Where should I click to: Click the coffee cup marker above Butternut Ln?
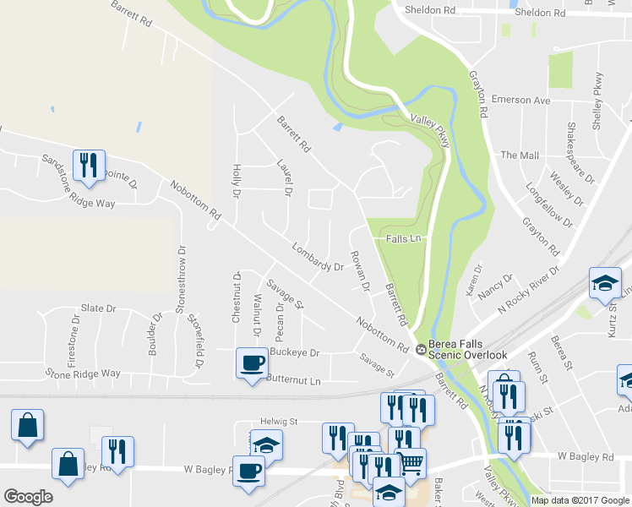click(253, 364)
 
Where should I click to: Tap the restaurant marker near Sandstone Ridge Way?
click(88, 165)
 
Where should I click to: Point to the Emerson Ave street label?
click(526, 101)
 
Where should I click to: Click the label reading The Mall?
click(520, 155)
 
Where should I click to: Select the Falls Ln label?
click(403, 239)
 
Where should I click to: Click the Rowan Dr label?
click(360, 271)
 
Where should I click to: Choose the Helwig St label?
click(280, 420)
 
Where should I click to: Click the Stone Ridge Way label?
click(83, 373)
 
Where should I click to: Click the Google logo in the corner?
click(28, 497)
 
